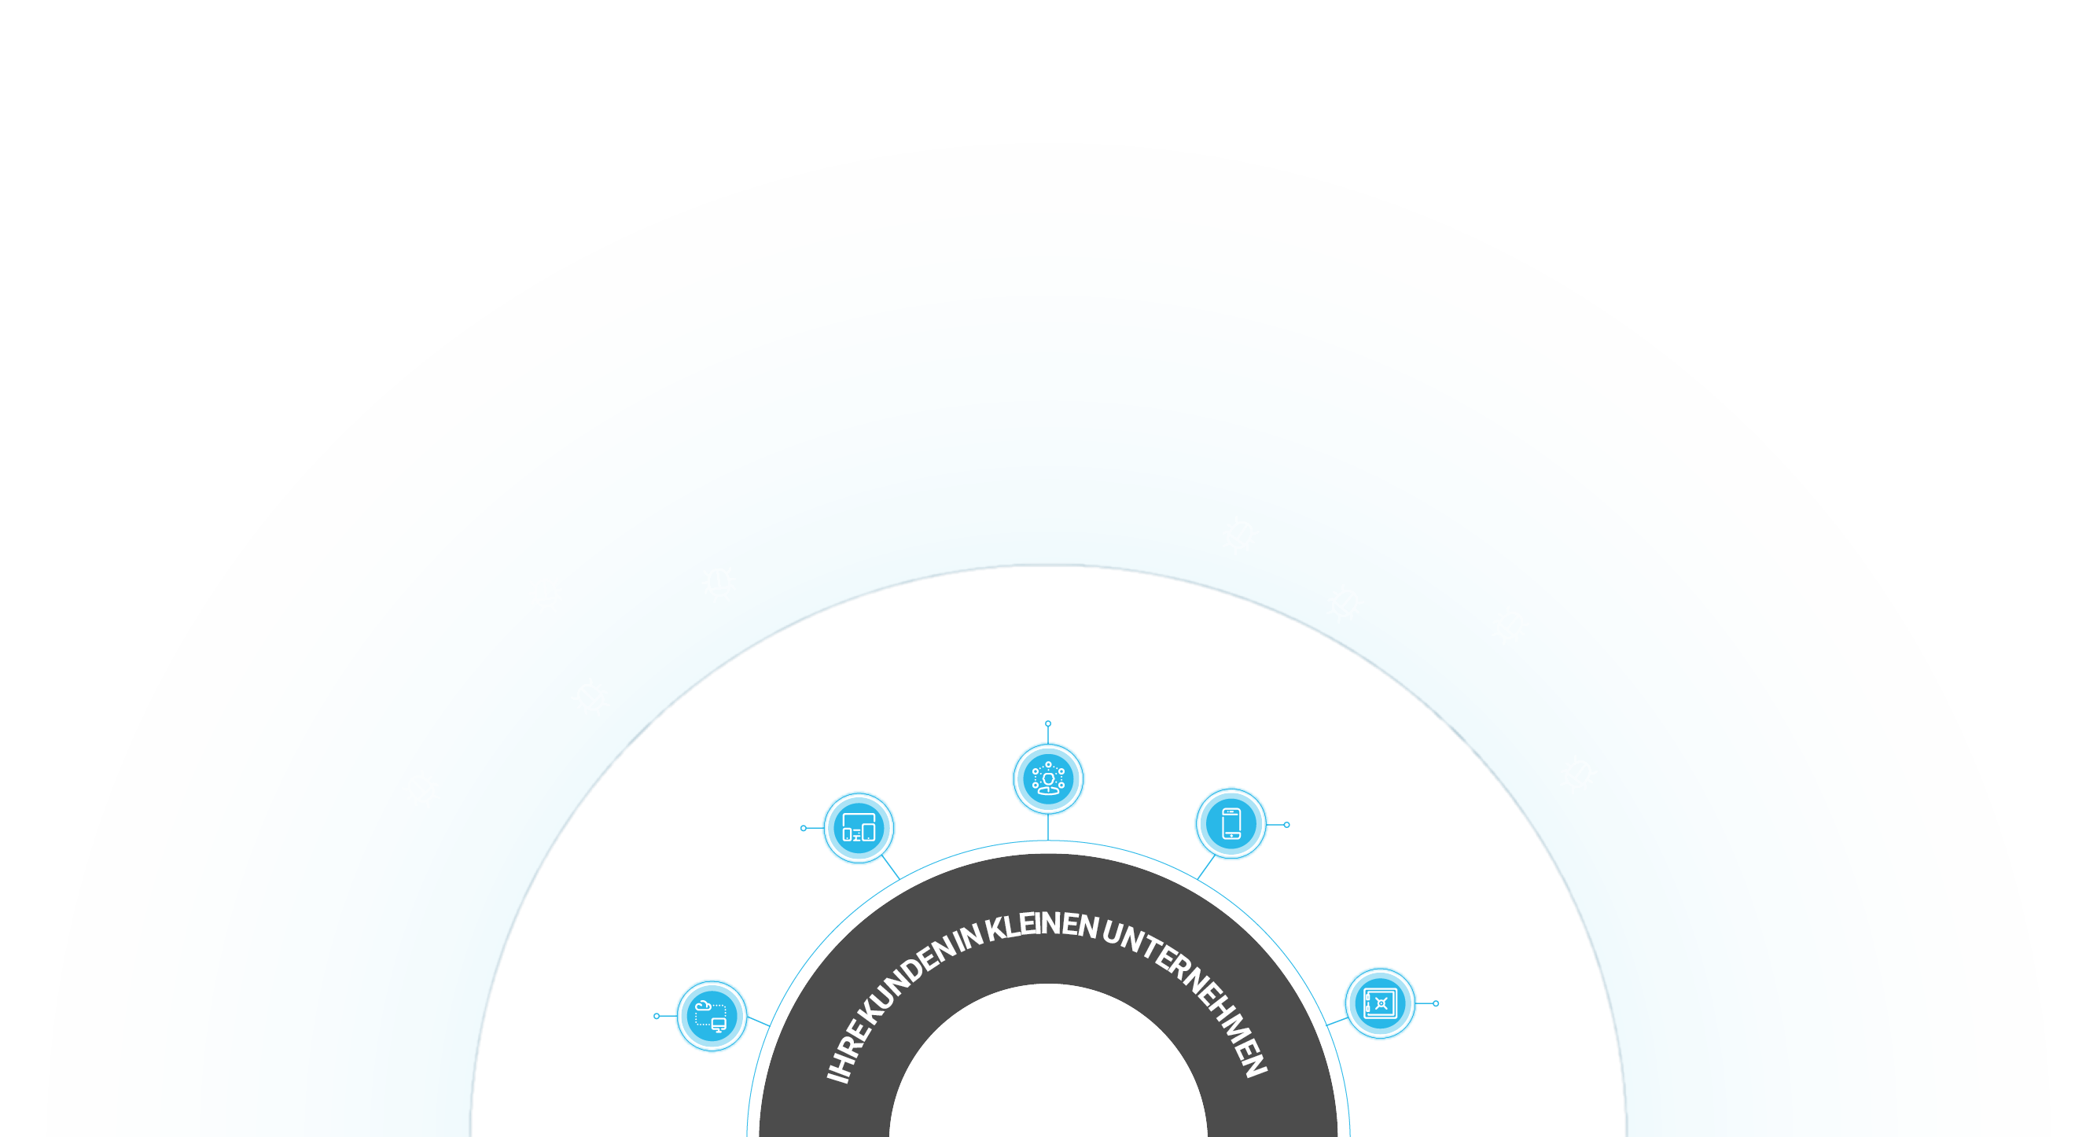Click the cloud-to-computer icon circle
point(712,1016)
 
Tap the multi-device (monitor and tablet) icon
point(859,828)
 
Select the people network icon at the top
point(1049,779)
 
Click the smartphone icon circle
point(1231,823)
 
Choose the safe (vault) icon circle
point(1381,1003)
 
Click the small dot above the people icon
point(1049,723)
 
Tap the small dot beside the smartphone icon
point(1287,825)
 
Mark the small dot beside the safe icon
point(1436,1003)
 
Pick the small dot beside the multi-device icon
point(804,828)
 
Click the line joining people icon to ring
point(1049,827)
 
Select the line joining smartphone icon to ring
point(1205,867)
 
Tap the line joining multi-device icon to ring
point(892,867)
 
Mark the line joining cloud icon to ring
point(759,1021)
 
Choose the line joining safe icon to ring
point(1337,1021)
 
